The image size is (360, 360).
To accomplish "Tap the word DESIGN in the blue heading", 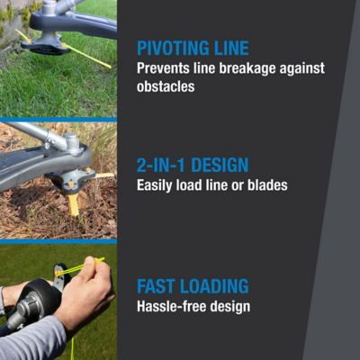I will click(220, 166).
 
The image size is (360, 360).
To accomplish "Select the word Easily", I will click(155, 185).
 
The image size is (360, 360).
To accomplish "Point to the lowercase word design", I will click(229, 307).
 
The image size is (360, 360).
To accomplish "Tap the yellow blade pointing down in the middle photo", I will click(73, 204).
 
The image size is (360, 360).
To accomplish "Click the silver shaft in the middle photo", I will click(36, 134).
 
